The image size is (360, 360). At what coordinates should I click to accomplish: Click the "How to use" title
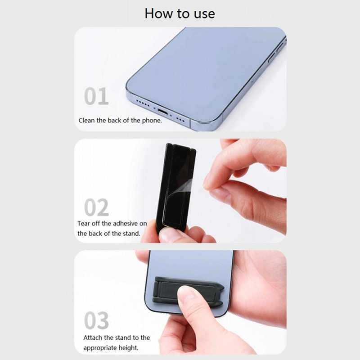180,13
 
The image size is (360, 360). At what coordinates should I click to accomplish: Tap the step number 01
96,96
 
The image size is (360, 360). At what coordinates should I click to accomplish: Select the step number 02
96,207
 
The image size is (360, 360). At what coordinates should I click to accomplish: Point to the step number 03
96,320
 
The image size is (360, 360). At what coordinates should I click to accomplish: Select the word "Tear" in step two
84,223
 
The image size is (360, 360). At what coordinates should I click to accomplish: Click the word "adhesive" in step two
125,223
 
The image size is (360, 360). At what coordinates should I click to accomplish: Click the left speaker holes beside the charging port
143,103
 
